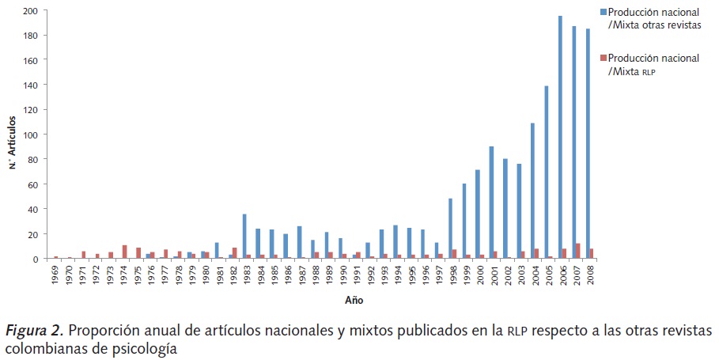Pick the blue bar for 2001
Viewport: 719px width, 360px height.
click(491, 203)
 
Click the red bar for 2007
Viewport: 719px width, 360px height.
click(578, 251)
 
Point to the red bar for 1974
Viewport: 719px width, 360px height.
click(125, 252)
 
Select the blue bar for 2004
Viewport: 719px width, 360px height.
click(532, 191)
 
